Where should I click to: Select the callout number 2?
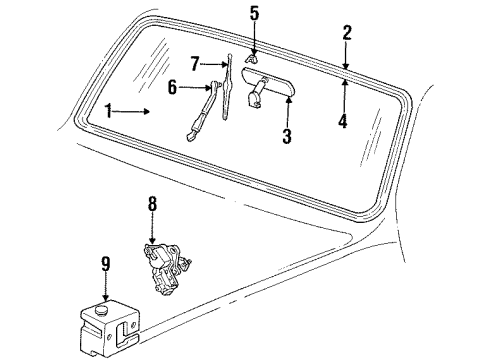pos(346,33)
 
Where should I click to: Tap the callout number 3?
pos(286,135)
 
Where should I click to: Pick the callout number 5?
pos(254,14)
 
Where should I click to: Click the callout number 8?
pos(152,205)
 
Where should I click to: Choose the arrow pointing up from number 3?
pos(286,112)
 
